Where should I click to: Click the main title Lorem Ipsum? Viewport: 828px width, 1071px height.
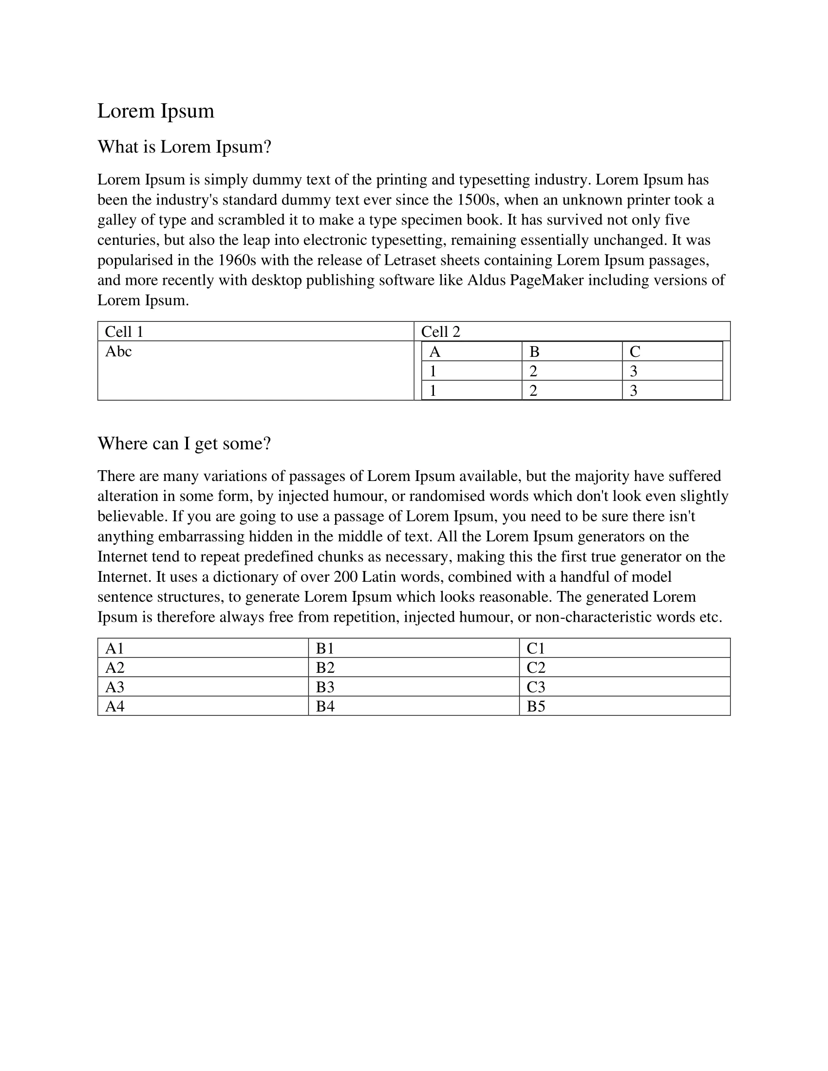155,111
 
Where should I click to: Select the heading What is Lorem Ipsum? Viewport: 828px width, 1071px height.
184,147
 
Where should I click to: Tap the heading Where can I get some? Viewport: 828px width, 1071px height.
184,443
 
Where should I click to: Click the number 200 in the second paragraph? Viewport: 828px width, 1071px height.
345,577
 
